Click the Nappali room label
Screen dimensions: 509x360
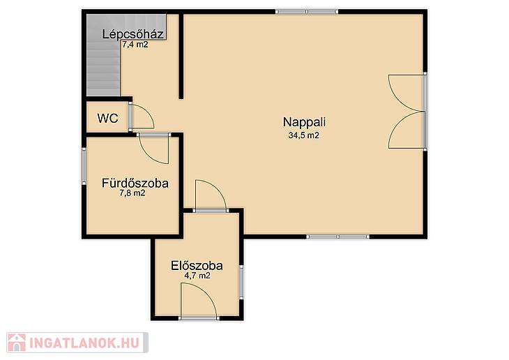[304, 123]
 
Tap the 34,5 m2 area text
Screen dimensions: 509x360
[304, 135]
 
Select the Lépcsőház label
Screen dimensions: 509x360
[132, 34]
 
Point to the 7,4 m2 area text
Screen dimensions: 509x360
[135, 45]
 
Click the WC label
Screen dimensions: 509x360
[108, 119]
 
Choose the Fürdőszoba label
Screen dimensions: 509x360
[135, 183]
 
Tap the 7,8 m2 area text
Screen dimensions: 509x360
[132, 193]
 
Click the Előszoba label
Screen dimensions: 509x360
[197, 266]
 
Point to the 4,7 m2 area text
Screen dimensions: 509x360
[197, 276]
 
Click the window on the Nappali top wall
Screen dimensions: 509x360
[307, 12]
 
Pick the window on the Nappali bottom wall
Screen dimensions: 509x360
[338, 237]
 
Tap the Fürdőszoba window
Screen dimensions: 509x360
[84, 166]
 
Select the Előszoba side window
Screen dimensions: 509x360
[241, 282]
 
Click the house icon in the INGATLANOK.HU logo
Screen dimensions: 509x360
[17, 343]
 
